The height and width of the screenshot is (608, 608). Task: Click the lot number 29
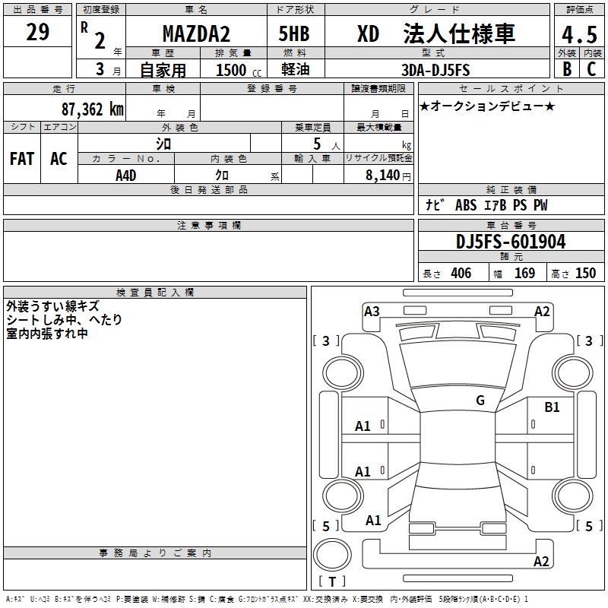(37, 32)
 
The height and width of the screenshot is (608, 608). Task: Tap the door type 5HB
(294, 34)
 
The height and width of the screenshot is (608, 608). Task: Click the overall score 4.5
(578, 36)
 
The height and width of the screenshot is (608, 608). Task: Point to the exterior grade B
(566, 69)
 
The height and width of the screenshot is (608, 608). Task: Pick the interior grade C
(591, 69)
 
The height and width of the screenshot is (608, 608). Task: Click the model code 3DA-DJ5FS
(436, 70)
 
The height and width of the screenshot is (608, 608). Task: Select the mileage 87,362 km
(92, 109)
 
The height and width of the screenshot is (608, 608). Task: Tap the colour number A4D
(126, 175)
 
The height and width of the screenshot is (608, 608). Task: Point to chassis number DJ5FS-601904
(510, 242)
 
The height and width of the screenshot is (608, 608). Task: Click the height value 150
(585, 274)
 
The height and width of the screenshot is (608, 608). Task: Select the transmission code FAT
(21, 159)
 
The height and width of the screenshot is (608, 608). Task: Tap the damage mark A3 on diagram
(372, 311)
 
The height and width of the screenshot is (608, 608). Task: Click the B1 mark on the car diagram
(552, 407)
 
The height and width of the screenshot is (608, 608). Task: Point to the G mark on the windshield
(480, 401)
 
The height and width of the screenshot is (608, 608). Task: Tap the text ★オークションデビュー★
(486, 106)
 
